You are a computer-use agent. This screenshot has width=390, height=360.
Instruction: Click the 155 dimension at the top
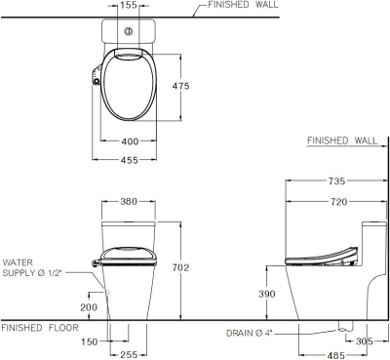coord(128,6)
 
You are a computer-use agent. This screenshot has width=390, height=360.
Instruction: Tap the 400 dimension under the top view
coord(128,142)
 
